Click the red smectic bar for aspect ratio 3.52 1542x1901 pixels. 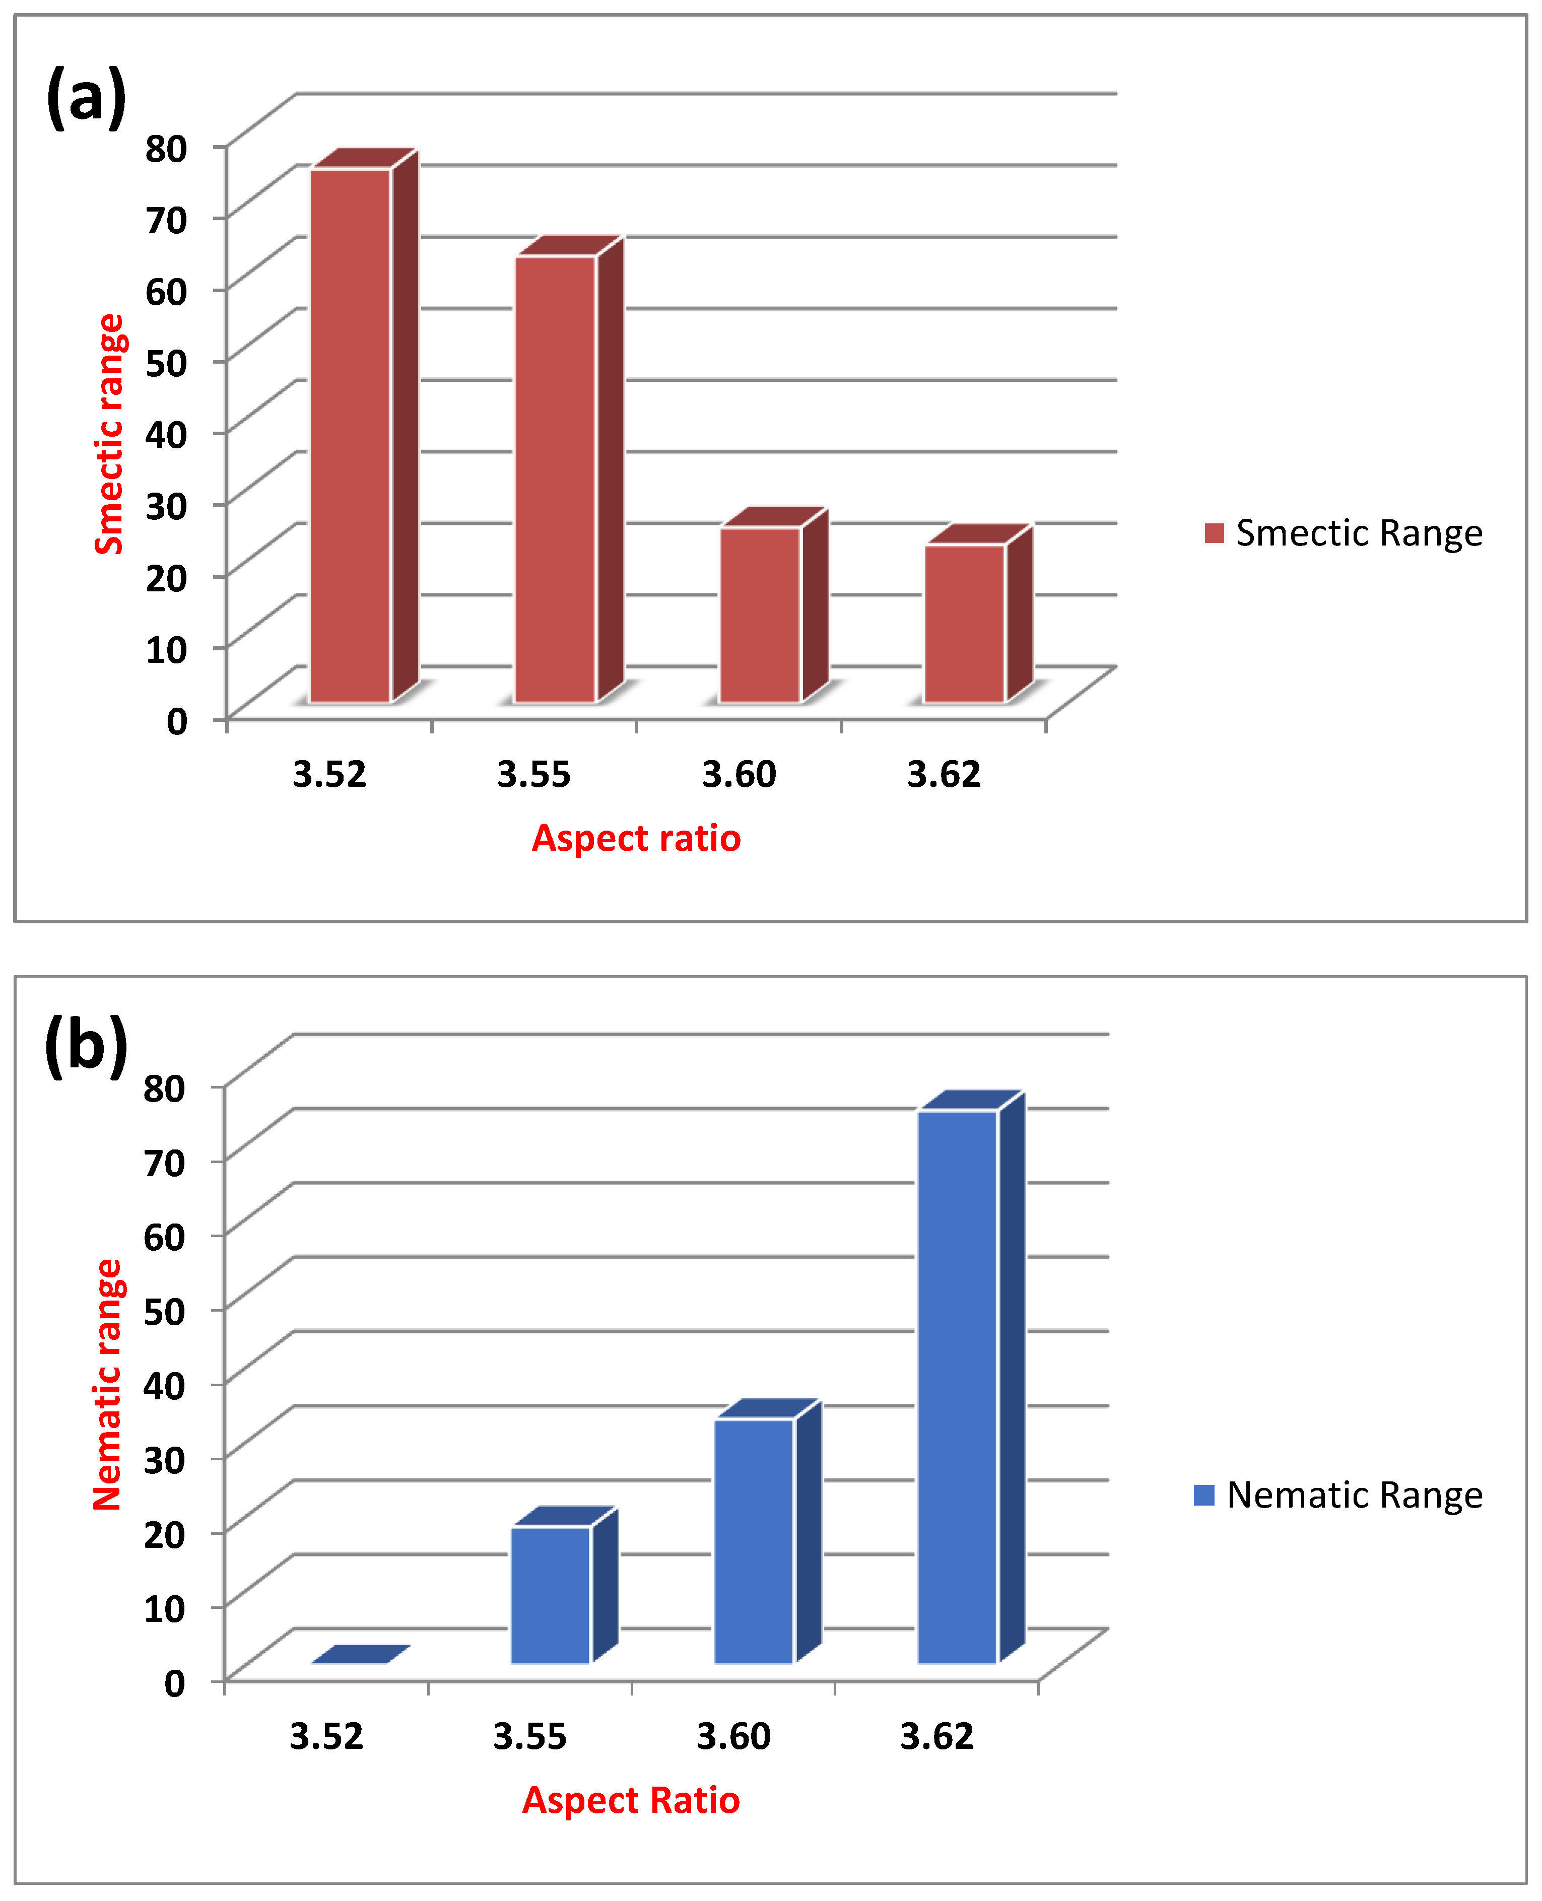tap(351, 435)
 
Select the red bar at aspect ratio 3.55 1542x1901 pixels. tap(555, 480)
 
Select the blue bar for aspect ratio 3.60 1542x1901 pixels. tap(754, 1541)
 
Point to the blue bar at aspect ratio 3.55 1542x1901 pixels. tap(551, 1595)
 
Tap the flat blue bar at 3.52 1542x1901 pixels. tap(360, 1654)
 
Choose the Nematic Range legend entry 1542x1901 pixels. tap(1337, 1495)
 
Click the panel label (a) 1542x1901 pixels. tap(86, 96)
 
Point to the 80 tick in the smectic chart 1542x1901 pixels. tap(166, 149)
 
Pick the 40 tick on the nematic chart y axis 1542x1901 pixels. tap(164, 1385)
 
